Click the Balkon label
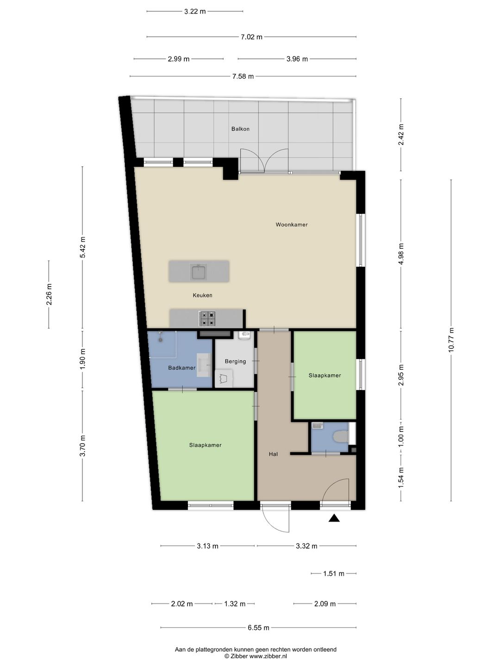pyautogui.click(x=240, y=129)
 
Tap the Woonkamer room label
pyautogui.click(x=292, y=225)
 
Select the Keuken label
pyautogui.click(x=202, y=295)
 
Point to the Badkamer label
pyautogui.click(x=181, y=368)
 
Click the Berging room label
pyautogui.click(x=235, y=361)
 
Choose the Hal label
pyautogui.click(x=273, y=454)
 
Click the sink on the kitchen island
pyautogui.click(x=199, y=271)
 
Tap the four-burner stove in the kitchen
pyautogui.click(x=207, y=319)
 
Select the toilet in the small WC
pyautogui.click(x=341, y=437)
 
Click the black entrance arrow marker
pyautogui.click(x=334, y=518)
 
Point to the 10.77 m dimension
pyautogui.click(x=451, y=340)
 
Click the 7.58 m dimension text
pyautogui.click(x=243, y=76)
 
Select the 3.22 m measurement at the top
pyautogui.click(x=195, y=12)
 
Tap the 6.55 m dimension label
pyautogui.click(x=258, y=628)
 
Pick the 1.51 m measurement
pyautogui.click(x=334, y=573)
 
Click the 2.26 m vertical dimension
pyautogui.click(x=49, y=294)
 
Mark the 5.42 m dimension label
pyautogui.click(x=82, y=247)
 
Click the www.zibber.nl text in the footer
pyautogui.click(x=268, y=656)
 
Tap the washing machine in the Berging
pyautogui.click(x=224, y=378)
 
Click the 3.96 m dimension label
pyautogui.click(x=297, y=59)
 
